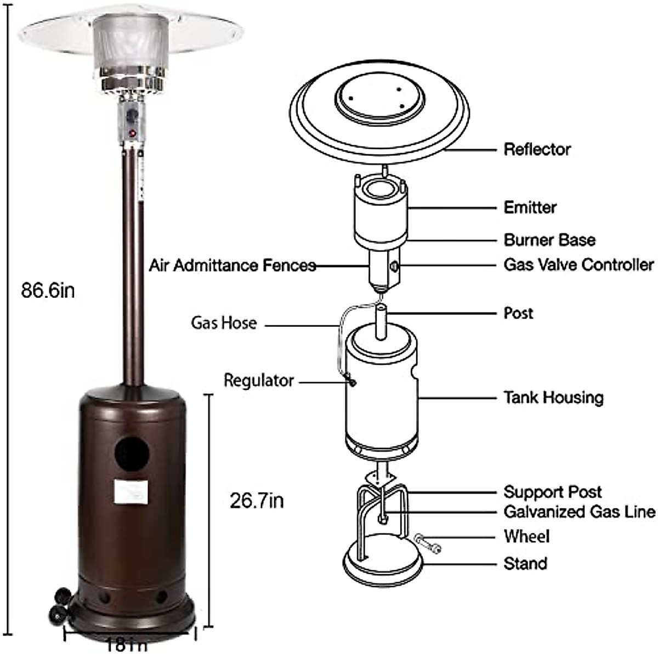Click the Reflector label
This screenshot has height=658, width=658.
tap(537, 149)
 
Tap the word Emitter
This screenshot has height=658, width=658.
tap(530, 207)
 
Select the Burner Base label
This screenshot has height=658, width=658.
tap(549, 240)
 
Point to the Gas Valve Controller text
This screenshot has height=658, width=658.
tap(578, 264)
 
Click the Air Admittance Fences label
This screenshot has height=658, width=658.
tap(232, 265)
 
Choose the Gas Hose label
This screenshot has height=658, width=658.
tap(224, 322)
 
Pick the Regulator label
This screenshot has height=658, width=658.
tap(259, 381)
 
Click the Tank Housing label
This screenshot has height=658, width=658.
tap(553, 398)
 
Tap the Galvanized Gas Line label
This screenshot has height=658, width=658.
tap(579, 512)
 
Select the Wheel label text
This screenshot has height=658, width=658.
tap(526, 536)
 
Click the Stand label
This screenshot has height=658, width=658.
tap(525, 563)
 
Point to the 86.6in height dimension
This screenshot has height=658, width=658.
tap(48, 290)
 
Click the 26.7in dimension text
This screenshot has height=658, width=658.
tap(257, 501)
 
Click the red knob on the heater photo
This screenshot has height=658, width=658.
tap(132, 133)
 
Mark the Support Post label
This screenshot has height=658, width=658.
tap(552, 492)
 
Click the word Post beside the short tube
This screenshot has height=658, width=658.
tap(518, 313)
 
